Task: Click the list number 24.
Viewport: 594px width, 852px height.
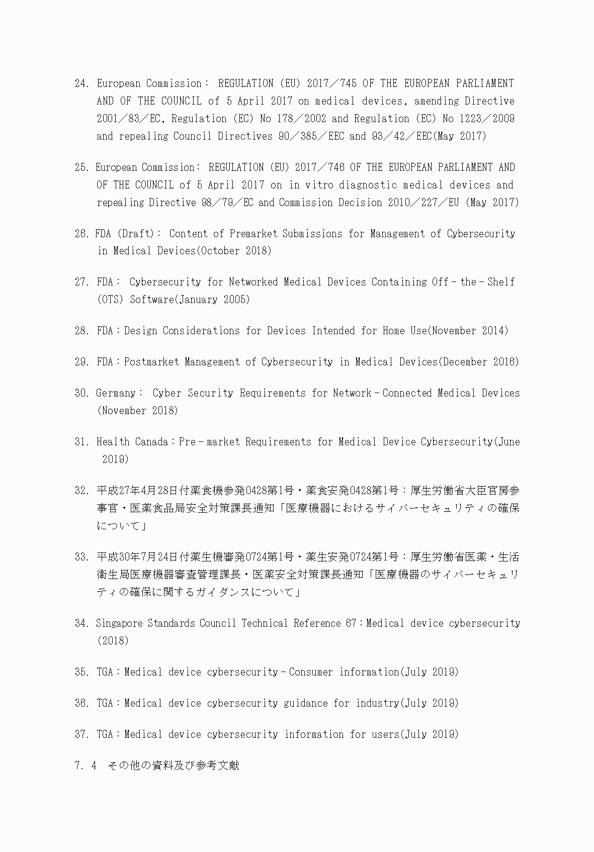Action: pyautogui.click(x=82, y=83)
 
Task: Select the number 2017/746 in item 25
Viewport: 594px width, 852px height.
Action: pyautogui.click(x=318, y=167)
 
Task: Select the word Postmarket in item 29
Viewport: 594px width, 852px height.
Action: pyautogui.click(x=151, y=362)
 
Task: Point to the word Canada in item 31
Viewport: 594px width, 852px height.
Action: pyautogui.click(x=151, y=442)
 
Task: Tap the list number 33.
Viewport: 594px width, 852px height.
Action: pyautogui.click(x=82, y=557)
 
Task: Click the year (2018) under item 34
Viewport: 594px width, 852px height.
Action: pyautogui.click(x=113, y=641)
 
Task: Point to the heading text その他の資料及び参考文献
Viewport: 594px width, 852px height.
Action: pyautogui.click(x=174, y=766)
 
